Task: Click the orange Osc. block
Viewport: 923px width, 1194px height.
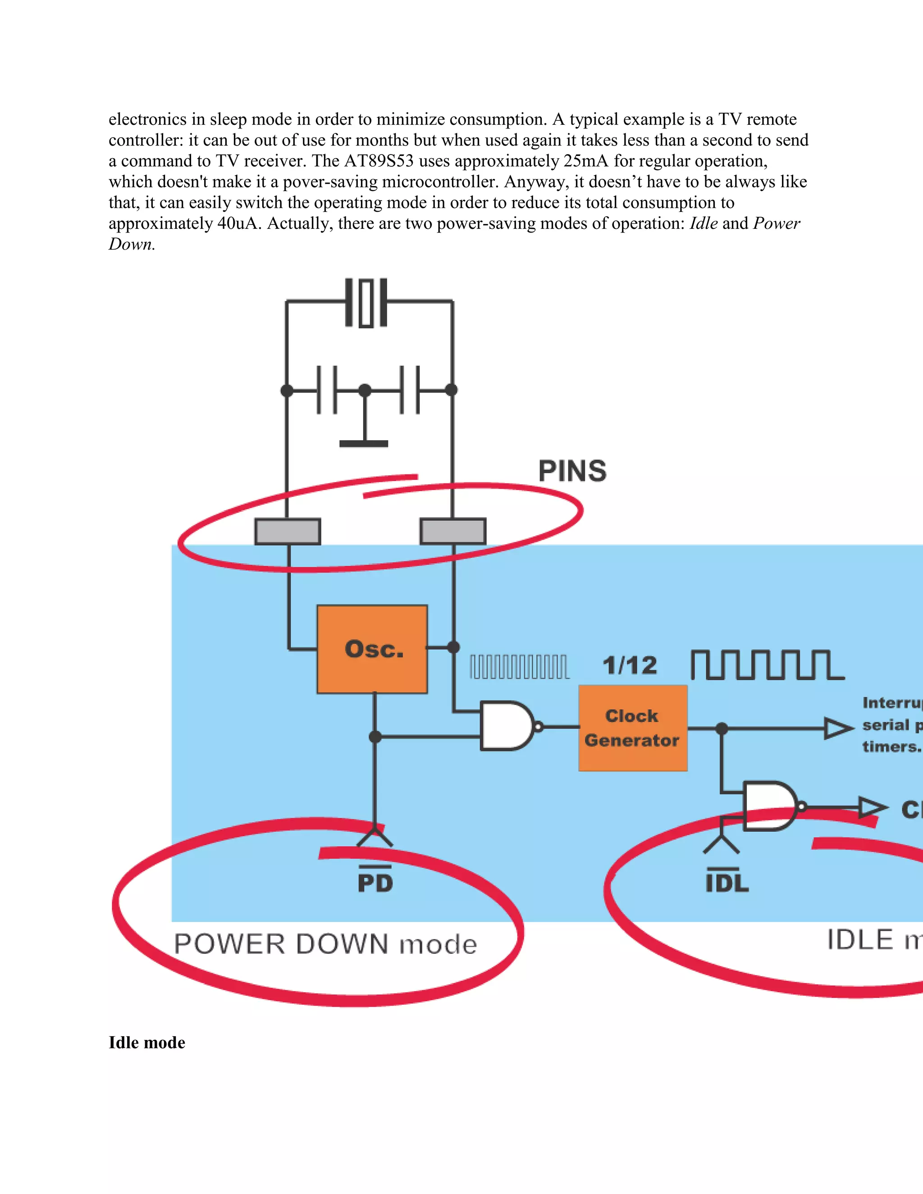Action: [372, 649]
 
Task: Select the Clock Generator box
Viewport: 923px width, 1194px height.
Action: [633, 728]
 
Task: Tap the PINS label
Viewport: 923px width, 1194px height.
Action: [572, 471]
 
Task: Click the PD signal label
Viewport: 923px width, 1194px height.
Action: [375, 882]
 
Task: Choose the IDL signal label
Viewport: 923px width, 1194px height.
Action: [727, 882]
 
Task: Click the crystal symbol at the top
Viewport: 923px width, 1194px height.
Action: [366, 303]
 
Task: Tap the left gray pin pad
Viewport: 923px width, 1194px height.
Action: [288, 531]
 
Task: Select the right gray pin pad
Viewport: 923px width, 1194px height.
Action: [453, 531]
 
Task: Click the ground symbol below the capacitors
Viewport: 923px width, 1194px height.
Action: [364, 443]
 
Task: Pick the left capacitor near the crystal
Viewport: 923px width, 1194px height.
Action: [326, 390]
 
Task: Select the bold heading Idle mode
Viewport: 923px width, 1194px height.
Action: [146, 1043]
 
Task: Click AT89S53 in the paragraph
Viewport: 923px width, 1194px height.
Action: [379, 161]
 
